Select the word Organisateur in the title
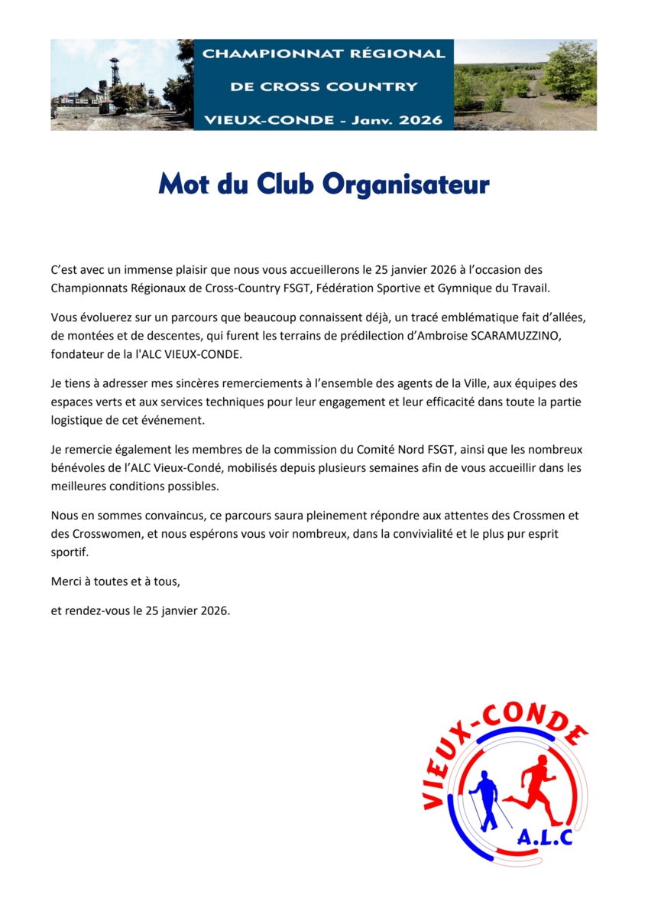click(406, 186)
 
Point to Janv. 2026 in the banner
click(402, 120)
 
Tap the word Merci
click(66, 581)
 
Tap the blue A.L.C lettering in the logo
click(544, 838)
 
